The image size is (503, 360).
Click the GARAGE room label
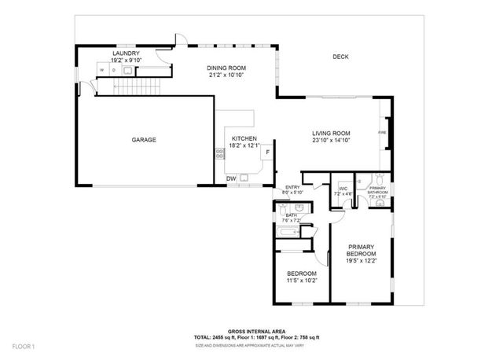(x=144, y=140)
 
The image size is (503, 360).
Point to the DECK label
(x=340, y=57)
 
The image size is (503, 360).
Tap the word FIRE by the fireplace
(x=382, y=134)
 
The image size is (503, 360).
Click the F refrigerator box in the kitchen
(x=267, y=152)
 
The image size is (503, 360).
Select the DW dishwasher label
(x=231, y=179)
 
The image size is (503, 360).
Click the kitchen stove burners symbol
(x=219, y=154)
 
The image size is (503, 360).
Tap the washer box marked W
(x=102, y=71)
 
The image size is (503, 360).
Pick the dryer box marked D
(x=114, y=71)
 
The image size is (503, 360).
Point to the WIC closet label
(x=343, y=189)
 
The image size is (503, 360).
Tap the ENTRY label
(x=292, y=187)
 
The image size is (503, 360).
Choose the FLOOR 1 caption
(x=23, y=347)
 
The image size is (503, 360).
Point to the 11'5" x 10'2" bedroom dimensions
(x=301, y=279)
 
